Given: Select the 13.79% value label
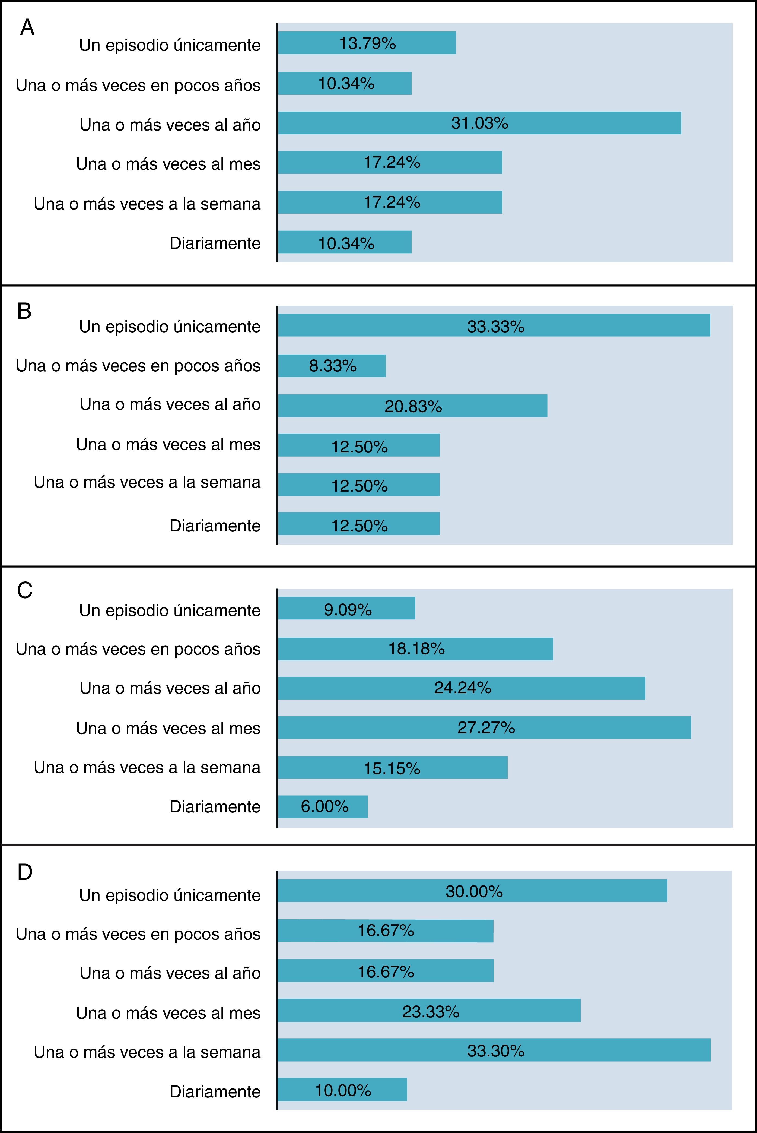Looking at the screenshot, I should coord(367,43).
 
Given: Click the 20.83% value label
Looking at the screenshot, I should coord(413,407).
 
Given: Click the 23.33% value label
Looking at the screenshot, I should coord(431,1011).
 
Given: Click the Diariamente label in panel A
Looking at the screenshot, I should coord(215,243).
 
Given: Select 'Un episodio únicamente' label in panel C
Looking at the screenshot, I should coord(170,610).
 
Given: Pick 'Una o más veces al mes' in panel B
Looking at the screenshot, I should coord(168,444).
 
